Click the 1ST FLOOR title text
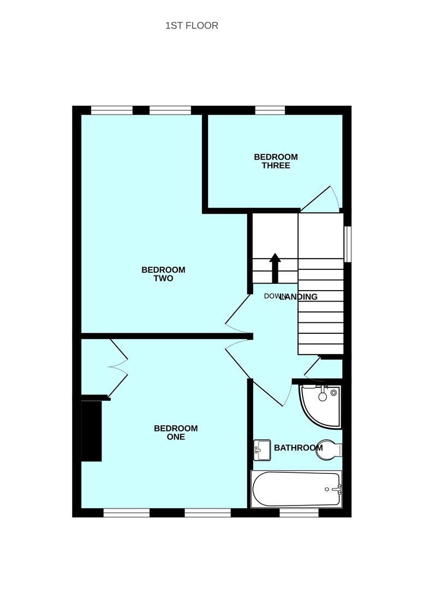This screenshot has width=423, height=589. [x=192, y=26]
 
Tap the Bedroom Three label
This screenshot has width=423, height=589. [x=276, y=161]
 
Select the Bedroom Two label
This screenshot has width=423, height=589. [x=163, y=274]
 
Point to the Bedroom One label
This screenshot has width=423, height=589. [x=176, y=432]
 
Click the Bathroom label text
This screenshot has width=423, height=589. [x=298, y=448]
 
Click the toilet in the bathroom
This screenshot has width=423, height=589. [x=331, y=449]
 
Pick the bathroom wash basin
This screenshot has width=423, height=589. [x=262, y=450]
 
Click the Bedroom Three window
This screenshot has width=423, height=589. [x=270, y=110]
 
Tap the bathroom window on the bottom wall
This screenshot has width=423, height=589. [x=299, y=513]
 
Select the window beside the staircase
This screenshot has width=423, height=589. [x=347, y=244]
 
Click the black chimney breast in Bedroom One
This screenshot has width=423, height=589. [x=91, y=431]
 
